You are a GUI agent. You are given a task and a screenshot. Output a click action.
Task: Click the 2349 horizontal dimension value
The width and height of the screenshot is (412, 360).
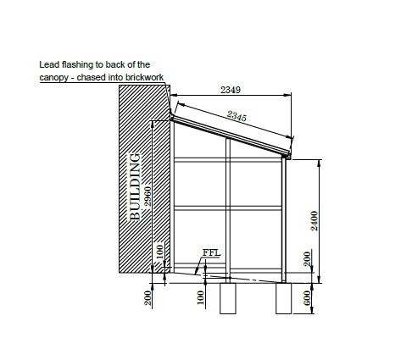(x=231, y=90)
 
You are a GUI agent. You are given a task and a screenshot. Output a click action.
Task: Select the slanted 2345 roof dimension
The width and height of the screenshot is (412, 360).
(x=237, y=116)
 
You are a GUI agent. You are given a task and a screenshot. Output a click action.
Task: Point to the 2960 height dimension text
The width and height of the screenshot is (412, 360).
(x=148, y=196)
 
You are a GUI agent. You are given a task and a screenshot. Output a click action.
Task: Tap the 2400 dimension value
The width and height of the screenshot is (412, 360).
(x=315, y=221)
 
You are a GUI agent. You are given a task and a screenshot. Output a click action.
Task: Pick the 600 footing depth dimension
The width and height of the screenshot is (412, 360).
(x=307, y=298)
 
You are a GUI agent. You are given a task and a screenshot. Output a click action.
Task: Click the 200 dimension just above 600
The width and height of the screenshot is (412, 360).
(x=307, y=259)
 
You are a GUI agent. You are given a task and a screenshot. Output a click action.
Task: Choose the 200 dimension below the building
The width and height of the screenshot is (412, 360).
(x=148, y=298)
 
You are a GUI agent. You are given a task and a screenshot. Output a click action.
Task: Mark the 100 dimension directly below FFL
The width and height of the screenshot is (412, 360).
(x=200, y=297)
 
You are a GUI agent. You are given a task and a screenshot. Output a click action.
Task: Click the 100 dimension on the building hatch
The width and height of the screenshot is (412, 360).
(x=160, y=252)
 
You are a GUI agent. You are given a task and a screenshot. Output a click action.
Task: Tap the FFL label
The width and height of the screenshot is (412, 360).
(x=211, y=252)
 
